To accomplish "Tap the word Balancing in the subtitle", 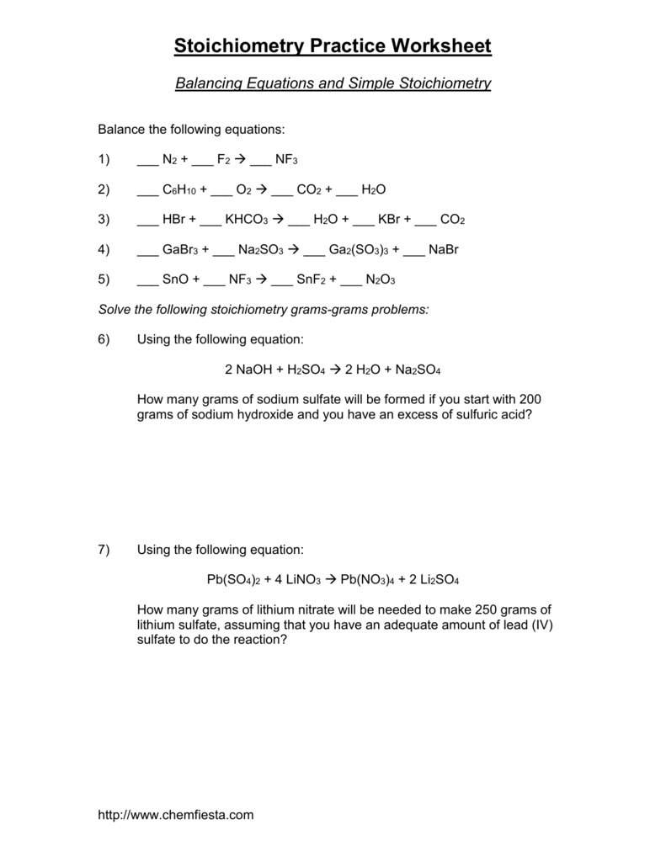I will [x=206, y=84].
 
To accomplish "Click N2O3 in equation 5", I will [x=381, y=280].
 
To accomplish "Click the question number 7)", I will [x=104, y=550].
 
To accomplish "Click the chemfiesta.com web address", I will [x=175, y=815].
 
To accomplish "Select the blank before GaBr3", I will [x=147, y=251].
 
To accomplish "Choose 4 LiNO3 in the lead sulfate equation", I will [x=291, y=580].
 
